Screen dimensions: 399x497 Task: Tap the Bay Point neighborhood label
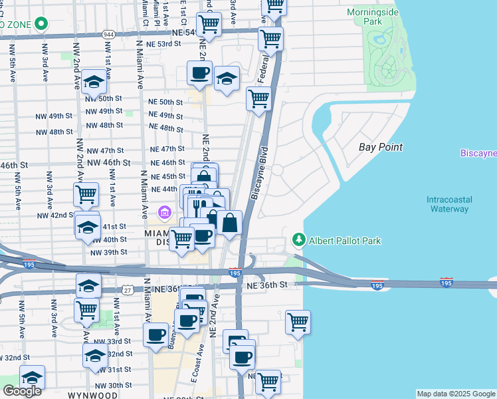(x=381, y=147)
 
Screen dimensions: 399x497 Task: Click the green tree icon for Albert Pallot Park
(x=300, y=240)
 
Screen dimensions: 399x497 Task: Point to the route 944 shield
(x=109, y=33)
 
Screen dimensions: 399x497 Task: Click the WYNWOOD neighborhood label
(x=92, y=394)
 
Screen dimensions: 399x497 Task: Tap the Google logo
(x=22, y=391)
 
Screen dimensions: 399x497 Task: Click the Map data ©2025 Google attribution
(x=456, y=394)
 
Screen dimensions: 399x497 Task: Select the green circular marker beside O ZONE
(x=42, y=24)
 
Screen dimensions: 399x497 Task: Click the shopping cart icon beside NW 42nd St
(x=86, y=196)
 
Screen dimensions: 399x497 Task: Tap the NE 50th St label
(x=165, y=102)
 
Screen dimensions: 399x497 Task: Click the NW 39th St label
(x=108, y=253)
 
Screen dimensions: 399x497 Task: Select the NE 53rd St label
(x=163, y=44)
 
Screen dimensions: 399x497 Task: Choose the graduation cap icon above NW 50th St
(x=95, y=82)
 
